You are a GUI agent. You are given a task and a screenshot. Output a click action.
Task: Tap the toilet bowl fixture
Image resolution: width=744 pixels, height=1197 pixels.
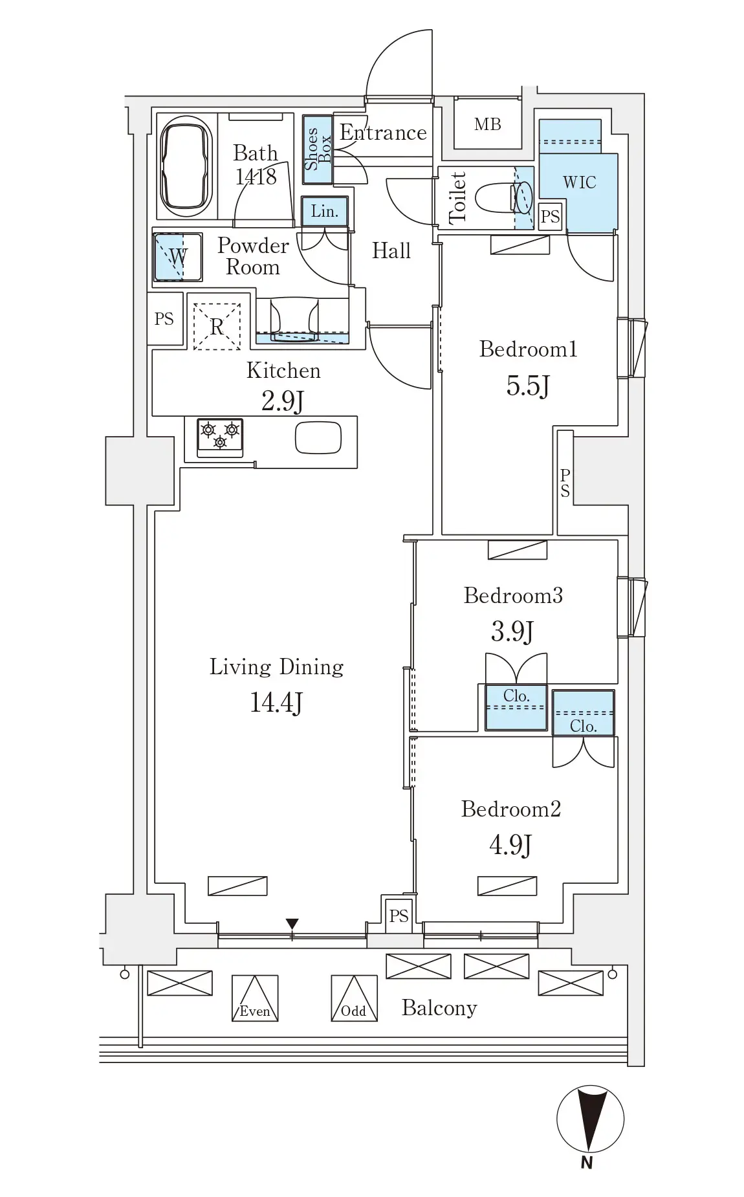(504, 197)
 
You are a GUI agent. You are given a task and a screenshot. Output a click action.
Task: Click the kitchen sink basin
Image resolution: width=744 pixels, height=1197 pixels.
(318, 438)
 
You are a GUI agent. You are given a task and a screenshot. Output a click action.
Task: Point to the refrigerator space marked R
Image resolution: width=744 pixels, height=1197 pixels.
(217, 327)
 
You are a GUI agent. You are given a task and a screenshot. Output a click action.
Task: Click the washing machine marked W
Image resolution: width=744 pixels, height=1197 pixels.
(177, 257)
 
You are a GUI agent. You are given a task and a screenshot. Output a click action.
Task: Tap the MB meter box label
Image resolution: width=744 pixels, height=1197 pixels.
(487, 124)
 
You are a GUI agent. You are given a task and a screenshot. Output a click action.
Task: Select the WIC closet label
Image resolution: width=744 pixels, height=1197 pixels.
(579, 182)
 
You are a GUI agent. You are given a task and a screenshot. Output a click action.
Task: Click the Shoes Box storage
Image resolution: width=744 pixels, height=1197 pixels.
(318, 148)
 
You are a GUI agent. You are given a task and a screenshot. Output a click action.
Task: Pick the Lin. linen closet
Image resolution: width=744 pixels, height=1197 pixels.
(325, 212)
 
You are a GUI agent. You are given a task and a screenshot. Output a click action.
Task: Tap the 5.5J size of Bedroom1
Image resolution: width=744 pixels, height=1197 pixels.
(528, 386)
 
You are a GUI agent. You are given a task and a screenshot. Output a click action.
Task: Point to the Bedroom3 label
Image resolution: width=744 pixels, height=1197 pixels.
(513, 595)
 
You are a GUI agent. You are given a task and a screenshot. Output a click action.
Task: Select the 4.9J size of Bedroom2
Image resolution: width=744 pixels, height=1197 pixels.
(510, 845)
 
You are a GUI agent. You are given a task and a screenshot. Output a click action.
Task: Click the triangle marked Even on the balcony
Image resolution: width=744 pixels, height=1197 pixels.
(255, 998)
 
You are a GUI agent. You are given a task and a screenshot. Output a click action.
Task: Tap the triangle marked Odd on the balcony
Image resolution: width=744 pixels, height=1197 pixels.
(354, 998)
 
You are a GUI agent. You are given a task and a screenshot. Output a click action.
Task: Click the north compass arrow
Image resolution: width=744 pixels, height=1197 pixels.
(589, 1120)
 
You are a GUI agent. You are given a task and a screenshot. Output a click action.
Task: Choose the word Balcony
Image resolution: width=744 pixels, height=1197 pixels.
(439, 1008)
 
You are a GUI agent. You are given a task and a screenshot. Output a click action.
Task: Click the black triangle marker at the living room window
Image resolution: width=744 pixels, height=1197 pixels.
(292, 923)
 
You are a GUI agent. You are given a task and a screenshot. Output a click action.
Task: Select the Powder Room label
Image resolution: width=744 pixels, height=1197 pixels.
(253, 256)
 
